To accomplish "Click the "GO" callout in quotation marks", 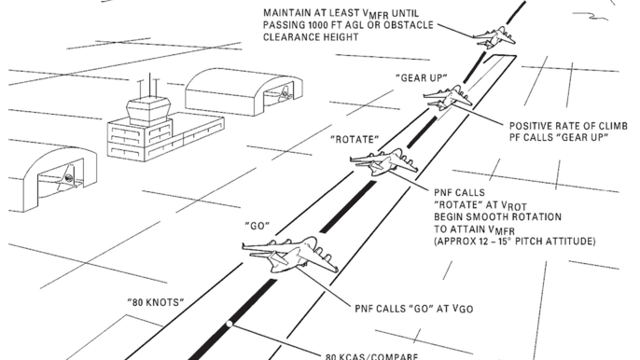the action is [257, 226].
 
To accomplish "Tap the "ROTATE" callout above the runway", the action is [355, 140].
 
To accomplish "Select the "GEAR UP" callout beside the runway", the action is [422, 78].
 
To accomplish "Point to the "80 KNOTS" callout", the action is [156, 302].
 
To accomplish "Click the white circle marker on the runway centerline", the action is [230, 324].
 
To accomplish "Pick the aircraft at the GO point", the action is [290, 254].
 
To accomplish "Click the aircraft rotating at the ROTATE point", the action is [383, 161].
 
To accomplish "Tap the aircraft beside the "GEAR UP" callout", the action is [448, 97].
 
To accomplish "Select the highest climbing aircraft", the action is [494, 37].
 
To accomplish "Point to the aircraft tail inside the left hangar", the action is [67, 178].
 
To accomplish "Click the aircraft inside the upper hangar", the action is [284, 93].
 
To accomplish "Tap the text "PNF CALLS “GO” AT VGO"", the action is [414, 309].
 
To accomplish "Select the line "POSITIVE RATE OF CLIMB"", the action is [568, 126].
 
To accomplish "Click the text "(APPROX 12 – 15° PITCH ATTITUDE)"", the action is [515, 242].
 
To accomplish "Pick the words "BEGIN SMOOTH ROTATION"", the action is [497, 216].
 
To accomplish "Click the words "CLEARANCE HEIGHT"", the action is [311, 37].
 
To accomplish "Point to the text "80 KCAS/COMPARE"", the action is [372, 356].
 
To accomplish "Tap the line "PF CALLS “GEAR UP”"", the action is [558, 137].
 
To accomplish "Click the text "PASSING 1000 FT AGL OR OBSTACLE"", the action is [348, 25].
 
